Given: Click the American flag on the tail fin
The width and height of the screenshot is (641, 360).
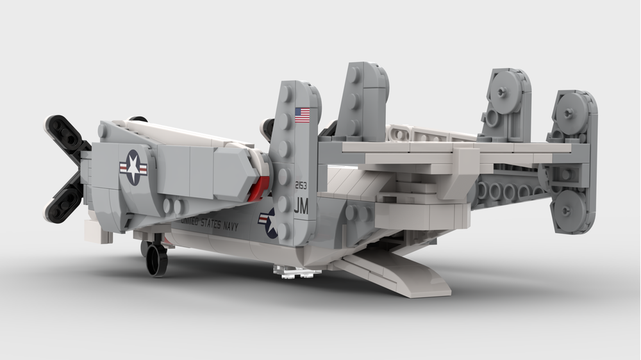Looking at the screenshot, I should click(x=302, y=115).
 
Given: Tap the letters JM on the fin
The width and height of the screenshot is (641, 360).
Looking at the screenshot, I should click(x=301, y=206).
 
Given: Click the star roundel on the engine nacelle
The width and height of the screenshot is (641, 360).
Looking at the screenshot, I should click(x=133, y=168).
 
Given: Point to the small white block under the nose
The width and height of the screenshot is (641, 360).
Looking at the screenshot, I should click(x=103, y=236).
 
